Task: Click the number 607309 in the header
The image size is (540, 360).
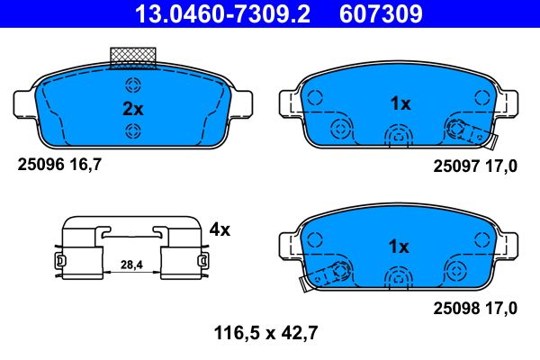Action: click(x=379, y=14)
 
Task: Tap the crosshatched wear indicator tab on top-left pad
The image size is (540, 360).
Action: click(x=132, y=57)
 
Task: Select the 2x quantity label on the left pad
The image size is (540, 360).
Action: click(x=132, y=109)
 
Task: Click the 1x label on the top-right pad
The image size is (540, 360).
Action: click(x=400, y=103)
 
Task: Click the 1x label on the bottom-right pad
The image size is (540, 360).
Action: click(x=400, y=246)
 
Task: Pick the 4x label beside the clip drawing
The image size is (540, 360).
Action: click(x=219, y=229)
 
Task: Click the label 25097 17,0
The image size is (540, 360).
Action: click(x=476, y=166)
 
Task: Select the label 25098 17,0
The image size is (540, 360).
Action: click(x=476, y=308)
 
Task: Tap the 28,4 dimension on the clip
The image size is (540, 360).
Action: click(x=131, y=264)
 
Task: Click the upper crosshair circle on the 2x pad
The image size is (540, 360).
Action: click(x=133, y=86)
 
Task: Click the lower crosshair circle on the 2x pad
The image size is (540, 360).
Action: click(x=133, y=132)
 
